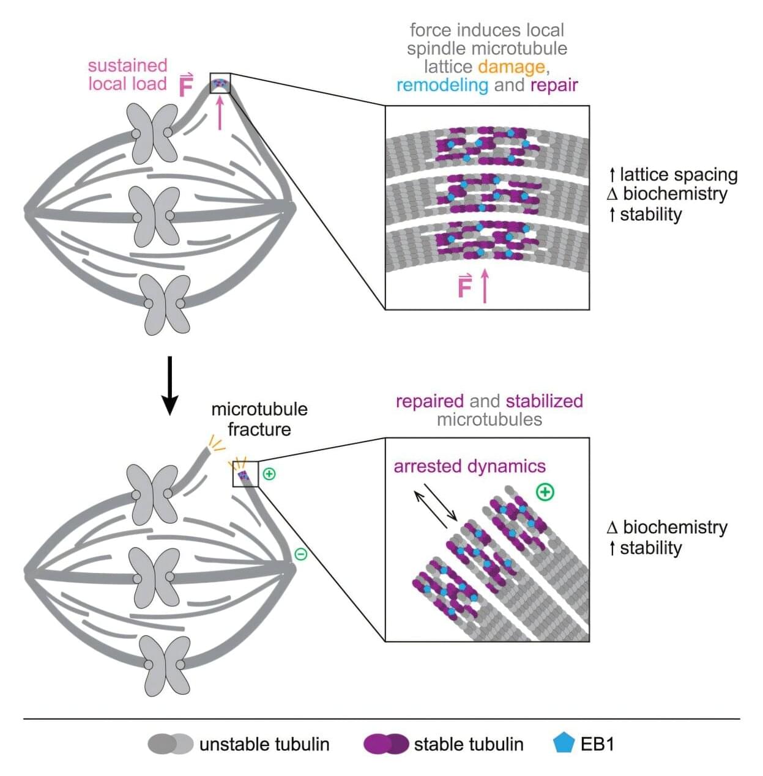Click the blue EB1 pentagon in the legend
coord(563,743)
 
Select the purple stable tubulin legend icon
coord(385,744)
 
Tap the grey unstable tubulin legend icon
coord(170,744)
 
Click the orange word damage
coord(512,67)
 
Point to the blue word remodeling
coord(442,85)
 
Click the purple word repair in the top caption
coord(554,85)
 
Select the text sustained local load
coord(127,75)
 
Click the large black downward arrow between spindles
coord(169,385)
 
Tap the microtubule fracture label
coord(259,419)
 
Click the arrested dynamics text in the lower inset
coord(469,467)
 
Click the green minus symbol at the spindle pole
coord(301,554)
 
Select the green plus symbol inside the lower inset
coord(545,492)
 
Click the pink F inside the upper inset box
coord(465,287)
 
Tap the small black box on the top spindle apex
coord(220,83)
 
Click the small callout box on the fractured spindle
coord(245,474)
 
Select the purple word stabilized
coord(544,401)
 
